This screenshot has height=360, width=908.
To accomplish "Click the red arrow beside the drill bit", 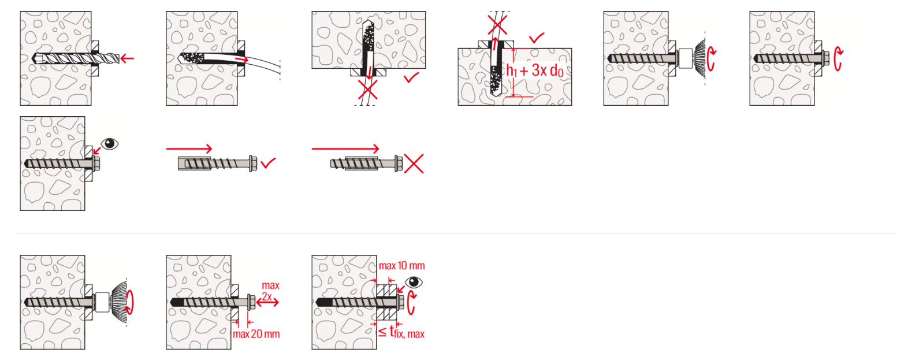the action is [127, 58].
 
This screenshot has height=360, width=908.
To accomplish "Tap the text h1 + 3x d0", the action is [535, 70].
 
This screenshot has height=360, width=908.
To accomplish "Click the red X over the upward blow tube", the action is [497, 25].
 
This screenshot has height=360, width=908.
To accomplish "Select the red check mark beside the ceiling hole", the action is [411, 77].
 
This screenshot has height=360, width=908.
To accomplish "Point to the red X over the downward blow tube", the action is [368, 90].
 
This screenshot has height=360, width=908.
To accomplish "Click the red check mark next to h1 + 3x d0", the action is [537, 38].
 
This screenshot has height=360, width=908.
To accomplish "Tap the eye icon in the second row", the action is [109, 144].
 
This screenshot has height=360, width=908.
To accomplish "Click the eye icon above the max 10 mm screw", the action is [414, 282].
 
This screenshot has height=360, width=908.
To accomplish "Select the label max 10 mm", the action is [401, 266].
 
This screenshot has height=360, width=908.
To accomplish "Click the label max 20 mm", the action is [256, 334].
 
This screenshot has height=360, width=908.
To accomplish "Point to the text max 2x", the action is [270, 291].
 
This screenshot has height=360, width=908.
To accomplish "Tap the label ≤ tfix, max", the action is [401, 333].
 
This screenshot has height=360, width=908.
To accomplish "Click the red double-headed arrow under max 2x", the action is [268, 302].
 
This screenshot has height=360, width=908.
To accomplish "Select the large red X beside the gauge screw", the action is [414, 164].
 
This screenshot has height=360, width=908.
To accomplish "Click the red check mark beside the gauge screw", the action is [269, 163].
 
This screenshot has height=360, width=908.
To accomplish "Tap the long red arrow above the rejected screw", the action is [345, 149].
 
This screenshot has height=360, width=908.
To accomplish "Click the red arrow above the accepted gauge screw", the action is [189, 149].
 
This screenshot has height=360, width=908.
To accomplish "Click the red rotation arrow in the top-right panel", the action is [838, 59].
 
